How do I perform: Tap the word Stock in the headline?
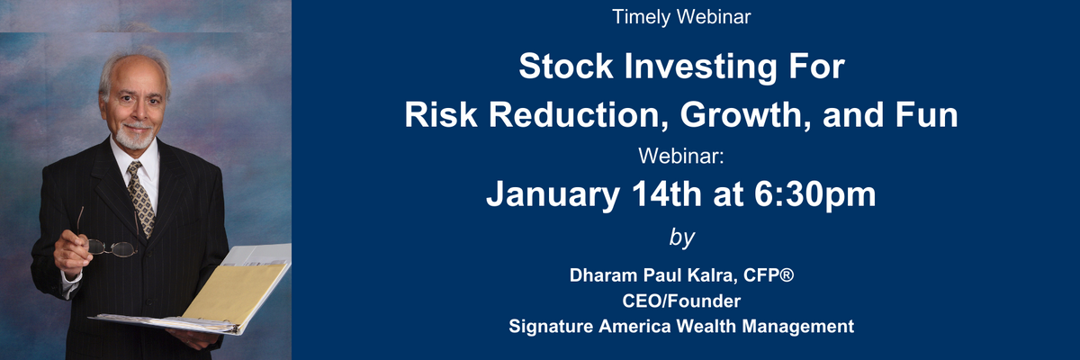pos(565,67)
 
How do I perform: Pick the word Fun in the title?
pos(926,115)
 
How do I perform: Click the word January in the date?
pos(553,195)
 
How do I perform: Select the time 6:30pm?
pos(814,195)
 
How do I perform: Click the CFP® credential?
pos(769,275)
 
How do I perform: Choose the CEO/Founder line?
pos(681,301)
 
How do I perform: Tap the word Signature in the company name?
pos(551,327)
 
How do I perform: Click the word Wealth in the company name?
pos(706,326)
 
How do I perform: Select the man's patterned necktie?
pos(140,198)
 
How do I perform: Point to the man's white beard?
pos(135,138)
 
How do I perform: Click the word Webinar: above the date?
pos(681,156)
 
